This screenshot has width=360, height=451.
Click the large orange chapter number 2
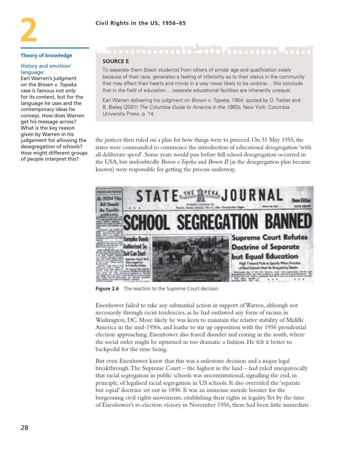(29, 30)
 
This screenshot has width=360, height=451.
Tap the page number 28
(24, 428)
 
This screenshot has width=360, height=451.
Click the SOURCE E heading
(116, 61)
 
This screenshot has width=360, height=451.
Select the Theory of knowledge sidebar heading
(46, 55)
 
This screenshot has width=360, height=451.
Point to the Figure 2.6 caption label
(107, 289)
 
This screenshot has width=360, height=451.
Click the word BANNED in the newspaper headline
(288, 222)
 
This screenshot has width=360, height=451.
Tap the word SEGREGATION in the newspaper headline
(217, 222)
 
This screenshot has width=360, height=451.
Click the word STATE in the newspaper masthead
(157, 196)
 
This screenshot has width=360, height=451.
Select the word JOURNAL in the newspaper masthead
(252, 195)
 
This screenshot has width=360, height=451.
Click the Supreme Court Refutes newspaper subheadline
(269, 237)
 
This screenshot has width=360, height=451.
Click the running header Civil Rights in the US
(141, 23)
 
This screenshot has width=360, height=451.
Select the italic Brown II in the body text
(218, 162)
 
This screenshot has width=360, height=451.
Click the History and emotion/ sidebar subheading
(46, 66)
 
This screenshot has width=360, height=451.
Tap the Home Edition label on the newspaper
(301, 200)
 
